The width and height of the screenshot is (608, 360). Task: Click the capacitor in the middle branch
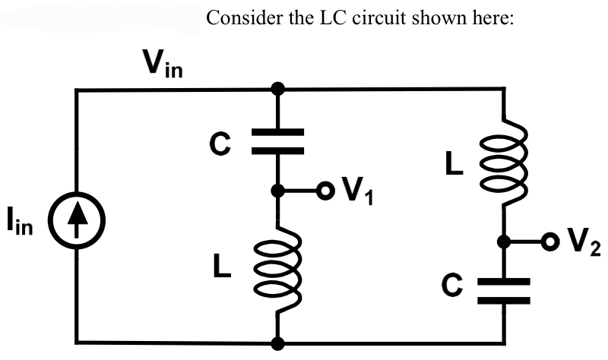click(x=279, y=141)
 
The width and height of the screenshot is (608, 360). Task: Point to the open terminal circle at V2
click(x=549, y=242)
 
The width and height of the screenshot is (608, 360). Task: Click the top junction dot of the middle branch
click(x=279, y=90)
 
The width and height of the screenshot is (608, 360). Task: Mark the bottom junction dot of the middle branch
click(x=279, y=343)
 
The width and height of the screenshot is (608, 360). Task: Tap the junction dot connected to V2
click(x=502, y=242)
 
